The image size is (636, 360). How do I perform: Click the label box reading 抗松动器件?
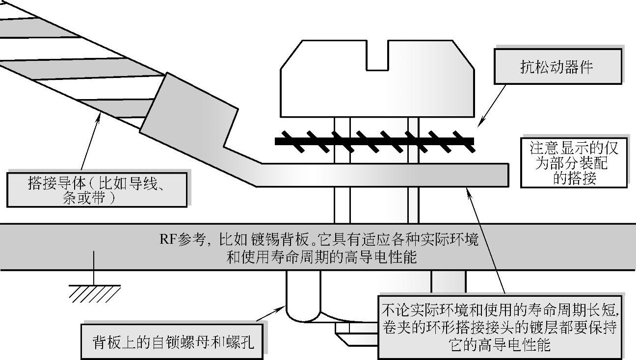(557, 67)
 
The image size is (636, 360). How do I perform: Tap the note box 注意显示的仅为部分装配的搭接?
(574, 163)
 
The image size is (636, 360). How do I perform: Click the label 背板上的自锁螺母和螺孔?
(173, 341)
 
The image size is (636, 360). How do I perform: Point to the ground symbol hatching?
(95, 294)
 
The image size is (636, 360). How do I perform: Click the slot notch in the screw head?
(377, 54)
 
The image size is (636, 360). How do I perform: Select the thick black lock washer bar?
(374, 141)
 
